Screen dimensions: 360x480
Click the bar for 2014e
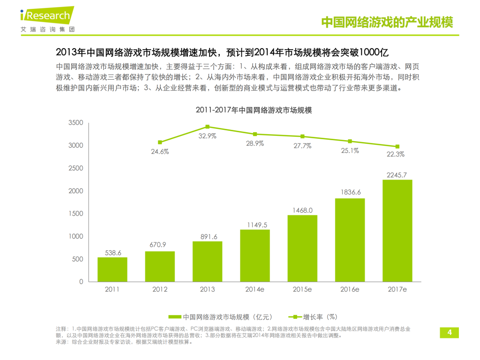pyautogui.click(x=255, y=255)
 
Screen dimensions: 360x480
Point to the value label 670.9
pyautogui.click(x=160, y=245)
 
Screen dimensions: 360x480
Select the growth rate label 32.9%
pyautogui.click(x=207, y=136)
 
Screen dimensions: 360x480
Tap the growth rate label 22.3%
pyautogui.click(x=397, y=154)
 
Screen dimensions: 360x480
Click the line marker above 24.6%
pyautogui.click(x=160, y=142)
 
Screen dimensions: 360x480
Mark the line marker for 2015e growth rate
pyautogui.click(x=302, y=136)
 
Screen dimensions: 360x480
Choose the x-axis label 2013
pyautogui.click(x=207, y=289)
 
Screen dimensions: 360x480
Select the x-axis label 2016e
pyautogui.click(x=350, y=289)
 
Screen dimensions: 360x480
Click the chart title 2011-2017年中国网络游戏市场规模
pyautogui.click(x=254, y=111)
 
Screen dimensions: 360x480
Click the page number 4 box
pyautogui.click(x=449, y=333)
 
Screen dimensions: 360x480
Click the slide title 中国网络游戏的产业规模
pyautogui.click(x=387, y=22)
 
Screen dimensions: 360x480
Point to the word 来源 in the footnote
pyautogui.click(x=61, y=342)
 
